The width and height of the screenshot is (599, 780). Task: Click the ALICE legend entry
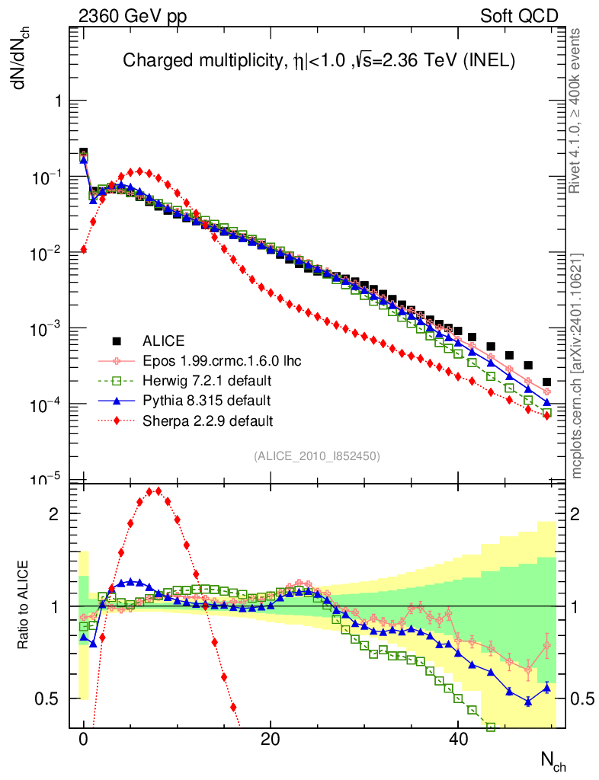pyautogui.click(x=163, y=341)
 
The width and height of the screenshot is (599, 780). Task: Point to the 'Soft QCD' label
pyautogui.click(x=519, y=16)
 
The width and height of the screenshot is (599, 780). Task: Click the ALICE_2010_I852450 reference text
pyautogui.click(x=317, y=456)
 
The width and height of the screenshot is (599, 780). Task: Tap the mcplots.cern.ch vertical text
pyautogui.click(x=577, y=366)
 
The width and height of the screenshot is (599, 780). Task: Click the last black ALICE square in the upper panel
pyautogui.click(x=546, y=382)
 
